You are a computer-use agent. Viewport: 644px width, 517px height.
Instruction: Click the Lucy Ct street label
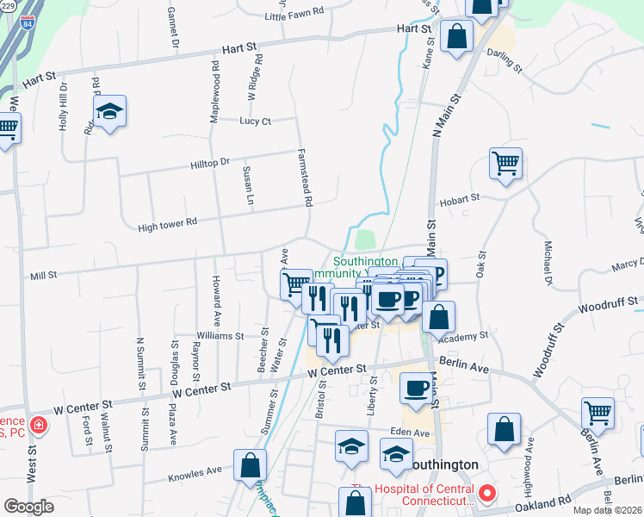click(256, 121)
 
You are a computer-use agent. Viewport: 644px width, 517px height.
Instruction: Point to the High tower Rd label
click(168, 222)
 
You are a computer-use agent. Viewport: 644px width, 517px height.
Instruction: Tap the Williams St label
click(220, 335)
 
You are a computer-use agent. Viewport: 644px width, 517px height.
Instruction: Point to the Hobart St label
click(459, 199)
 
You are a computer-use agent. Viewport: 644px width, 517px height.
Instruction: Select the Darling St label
click(505, 59)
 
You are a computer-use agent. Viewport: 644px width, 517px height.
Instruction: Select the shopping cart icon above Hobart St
click(505, 163)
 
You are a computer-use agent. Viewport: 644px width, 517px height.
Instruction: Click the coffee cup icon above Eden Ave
click(418, 388)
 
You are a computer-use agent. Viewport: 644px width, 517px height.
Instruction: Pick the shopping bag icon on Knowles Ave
click(249, 465)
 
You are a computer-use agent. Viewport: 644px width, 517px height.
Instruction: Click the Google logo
click(29, 507)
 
